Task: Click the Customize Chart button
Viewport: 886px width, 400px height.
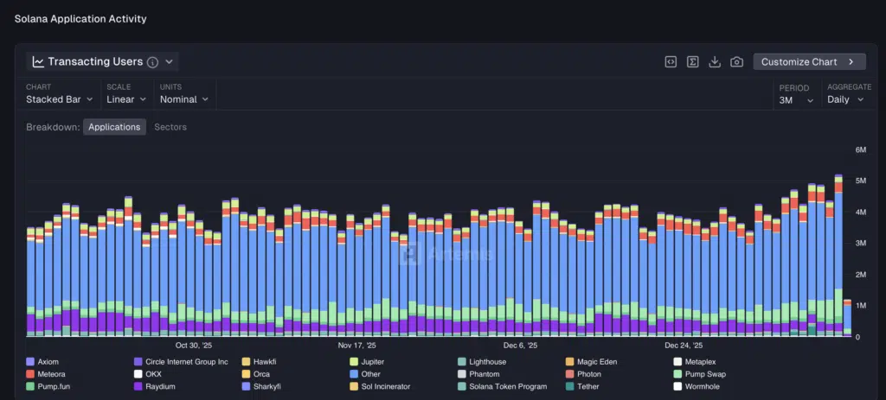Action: pos(809,62)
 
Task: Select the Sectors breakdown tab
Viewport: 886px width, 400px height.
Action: pos(170,127)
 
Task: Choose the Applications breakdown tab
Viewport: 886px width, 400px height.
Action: pos(114,127)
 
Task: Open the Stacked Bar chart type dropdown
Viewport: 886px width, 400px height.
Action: pos(59,99)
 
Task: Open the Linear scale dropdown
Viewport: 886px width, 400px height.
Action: pos(125,99)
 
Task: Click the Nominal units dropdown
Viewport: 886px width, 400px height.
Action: pos(183,99)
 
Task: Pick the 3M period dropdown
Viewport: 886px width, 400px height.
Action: pos(796,100)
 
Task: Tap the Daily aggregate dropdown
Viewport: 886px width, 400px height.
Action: pos(845,100)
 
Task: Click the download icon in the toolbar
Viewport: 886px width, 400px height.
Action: pos(715,62)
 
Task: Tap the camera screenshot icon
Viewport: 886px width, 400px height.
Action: pos(736,62)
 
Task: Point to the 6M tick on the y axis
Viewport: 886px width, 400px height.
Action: pos(861,150)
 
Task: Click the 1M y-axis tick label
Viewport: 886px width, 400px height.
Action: pos(861,306)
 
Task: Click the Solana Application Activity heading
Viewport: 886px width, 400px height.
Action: pos(80,19)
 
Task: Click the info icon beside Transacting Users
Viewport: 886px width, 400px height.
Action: pos(152,62)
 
